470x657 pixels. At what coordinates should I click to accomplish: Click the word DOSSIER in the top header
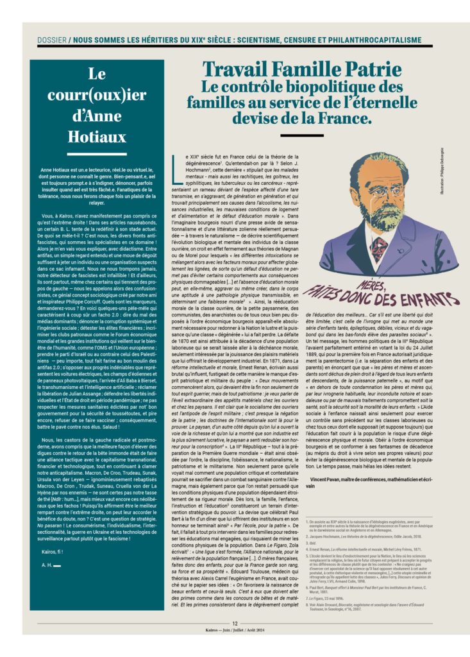click(51, 40)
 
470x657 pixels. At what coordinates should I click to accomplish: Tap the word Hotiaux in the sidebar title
click(96, 136)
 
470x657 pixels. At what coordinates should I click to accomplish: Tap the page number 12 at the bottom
click(235, 623)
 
